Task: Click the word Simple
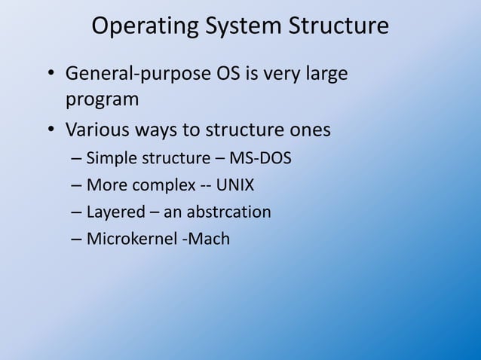click(x=111, y=159)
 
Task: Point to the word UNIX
click(x=235, y=185)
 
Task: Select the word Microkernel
click(x=129, y=239)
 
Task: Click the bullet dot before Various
click(x=50, y=131)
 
